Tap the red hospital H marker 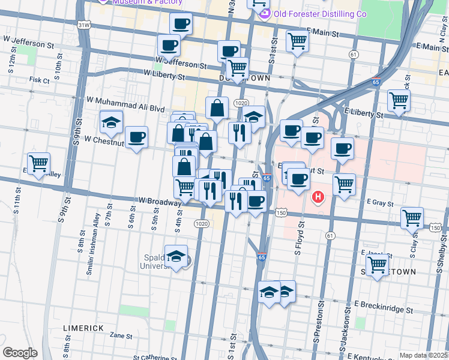(318, 196)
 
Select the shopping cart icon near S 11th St (38, 163)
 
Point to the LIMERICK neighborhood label (83, 328)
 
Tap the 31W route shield (85, 25)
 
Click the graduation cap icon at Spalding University (176, 256)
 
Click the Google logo (20, 353)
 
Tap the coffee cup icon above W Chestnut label (136, 137)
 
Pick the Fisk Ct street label (39, 79)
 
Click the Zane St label (121, 336)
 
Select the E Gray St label (376, 203)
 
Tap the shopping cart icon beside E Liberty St (399, 101)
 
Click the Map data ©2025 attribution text (423, 355)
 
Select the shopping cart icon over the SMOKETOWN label (378, 265)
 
